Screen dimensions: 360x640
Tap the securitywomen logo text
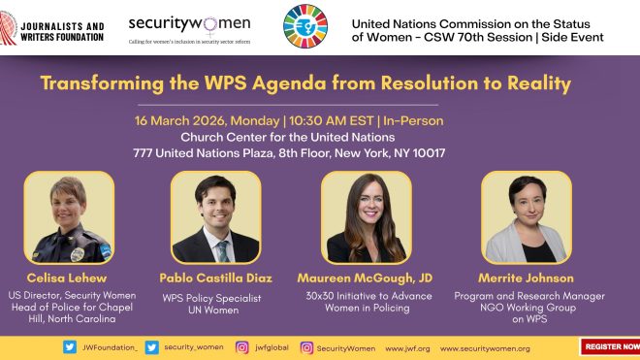pos(190,23)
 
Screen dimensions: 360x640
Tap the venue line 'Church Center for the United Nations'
pos(289,137)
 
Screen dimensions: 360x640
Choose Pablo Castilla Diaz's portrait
pos(215,217)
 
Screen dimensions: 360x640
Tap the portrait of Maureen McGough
pos(366,217)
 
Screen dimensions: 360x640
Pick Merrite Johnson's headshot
pos(527,217)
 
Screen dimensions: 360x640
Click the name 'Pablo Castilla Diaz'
pos(215,278)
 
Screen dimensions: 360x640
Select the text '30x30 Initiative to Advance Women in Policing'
pos(369,302)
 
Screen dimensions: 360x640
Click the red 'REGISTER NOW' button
pos(611,346)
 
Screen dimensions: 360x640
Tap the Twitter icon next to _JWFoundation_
pos(70,347)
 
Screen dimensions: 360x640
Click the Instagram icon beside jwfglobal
pos(243,347)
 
